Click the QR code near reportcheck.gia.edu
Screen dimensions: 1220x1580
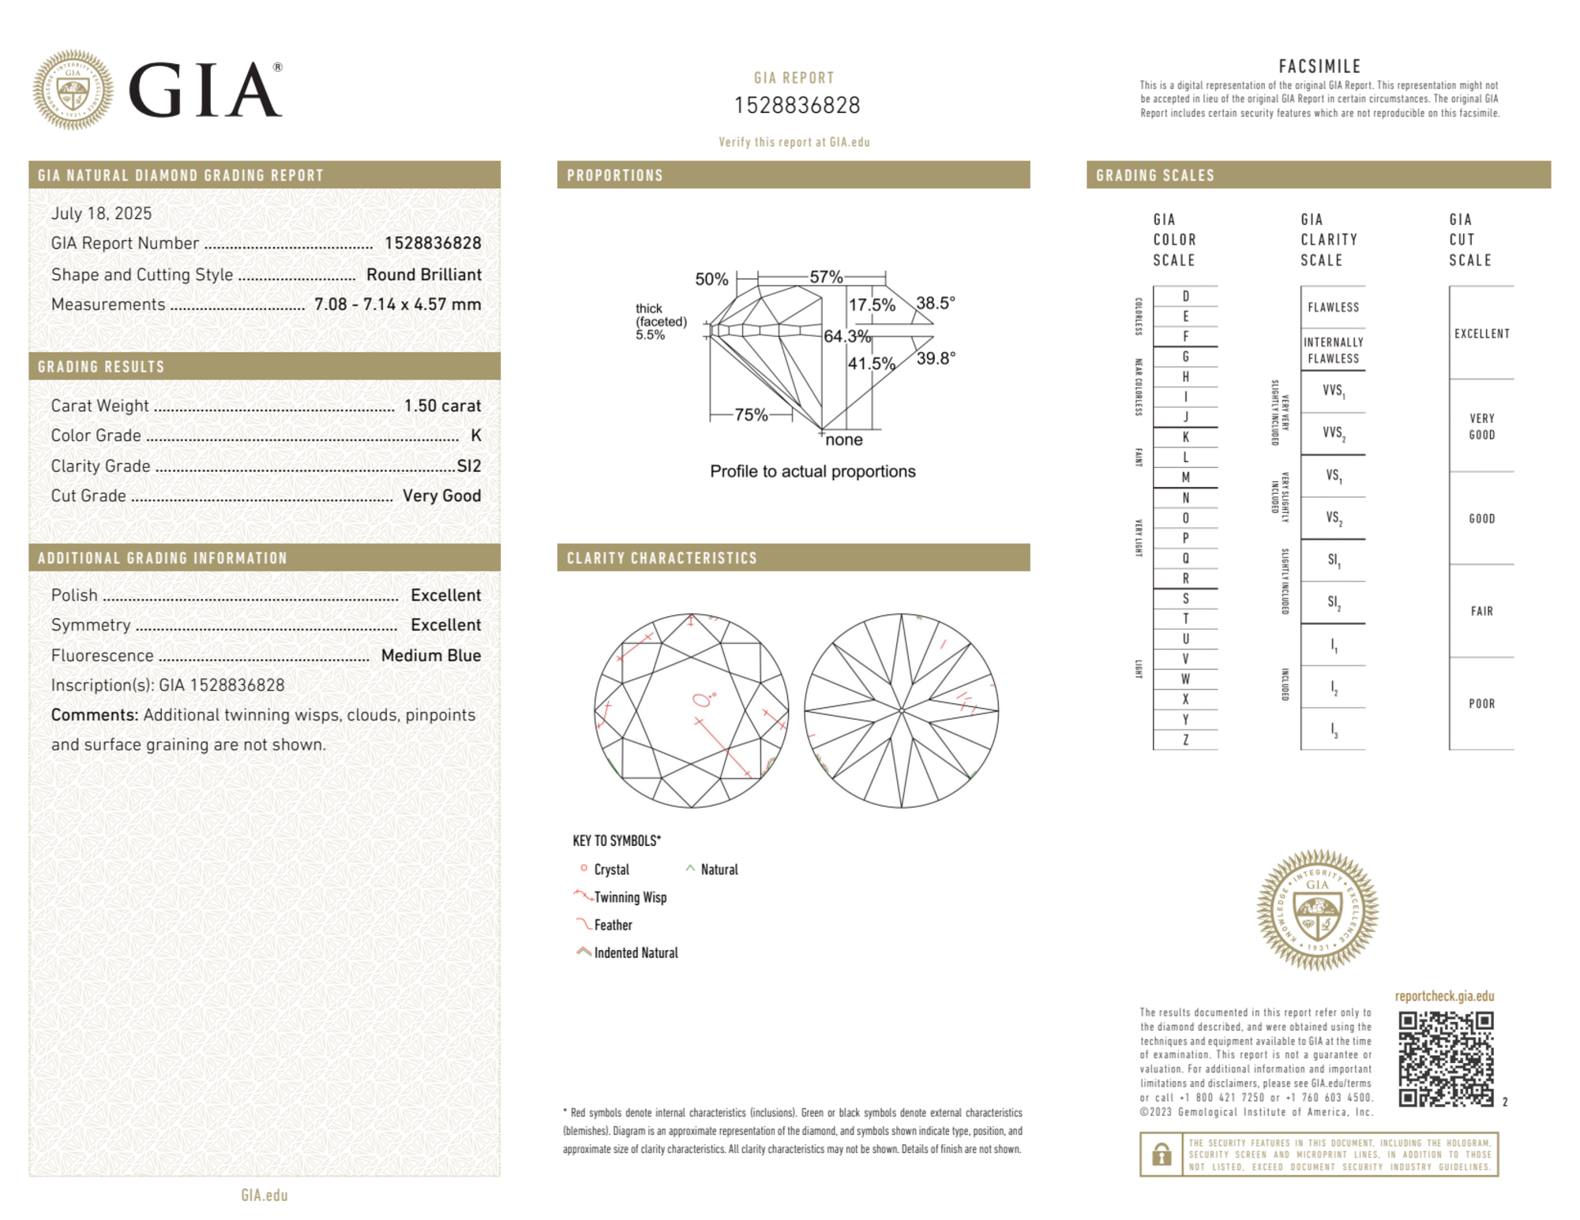[x=1445, y=1059]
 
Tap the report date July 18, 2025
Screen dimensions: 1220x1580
[x=101, y=213]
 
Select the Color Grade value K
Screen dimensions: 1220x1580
[x=475, y=436]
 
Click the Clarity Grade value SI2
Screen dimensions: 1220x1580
[x=469, y=466]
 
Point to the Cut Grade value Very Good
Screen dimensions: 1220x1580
[x=441, y=496]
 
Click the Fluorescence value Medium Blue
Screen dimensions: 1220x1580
[x=430, y=655]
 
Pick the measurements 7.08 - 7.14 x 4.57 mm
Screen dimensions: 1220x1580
[x=397, y=305]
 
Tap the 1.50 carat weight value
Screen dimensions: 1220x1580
[x=442, y=406]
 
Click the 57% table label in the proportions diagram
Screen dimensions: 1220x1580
[x=826, y=277]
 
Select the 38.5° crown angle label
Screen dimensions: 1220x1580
[x=936, y=303]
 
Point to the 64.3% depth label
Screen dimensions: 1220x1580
[x=846, y=336]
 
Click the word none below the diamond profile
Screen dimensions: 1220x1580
[x=844, y=440]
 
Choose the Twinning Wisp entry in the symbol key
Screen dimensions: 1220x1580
[x=630, y=897]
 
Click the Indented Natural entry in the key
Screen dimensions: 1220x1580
[x=636, y=952]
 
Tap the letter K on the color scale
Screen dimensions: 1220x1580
[x=1185, y=437]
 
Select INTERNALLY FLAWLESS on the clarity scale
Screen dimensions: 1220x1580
[x=1333, y=350]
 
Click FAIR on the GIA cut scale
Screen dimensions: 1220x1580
[x=1481, y=611]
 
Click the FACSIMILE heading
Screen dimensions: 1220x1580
[x=1319, y=66]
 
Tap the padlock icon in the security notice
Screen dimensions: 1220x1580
[x=1161, y=1155]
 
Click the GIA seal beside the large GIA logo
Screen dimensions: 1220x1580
[x=73, y=90]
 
